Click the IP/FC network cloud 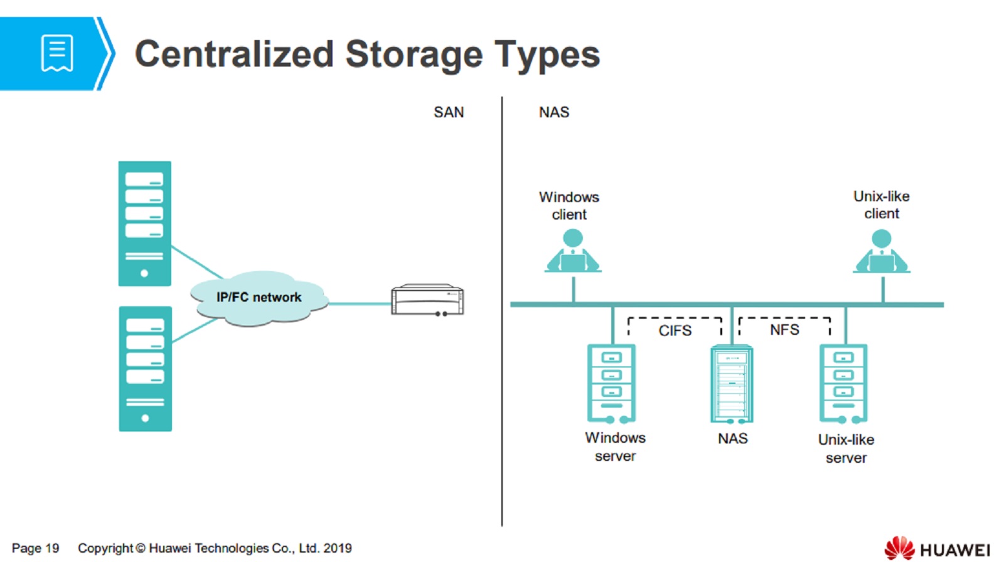(259, 298)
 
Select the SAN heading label (449, 112)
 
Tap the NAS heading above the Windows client (553, 112)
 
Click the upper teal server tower (144, 223)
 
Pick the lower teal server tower (145, 368)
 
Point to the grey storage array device (427, 300)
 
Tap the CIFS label (675, 331)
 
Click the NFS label (784, 330)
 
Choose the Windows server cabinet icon (611, 383)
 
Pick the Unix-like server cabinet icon (843, 383)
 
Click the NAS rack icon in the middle (732, 384)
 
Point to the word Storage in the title (414, 54)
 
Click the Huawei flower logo (899, 548)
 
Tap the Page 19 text (35, 548)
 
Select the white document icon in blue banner (57, 53)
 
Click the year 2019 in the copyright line (338, 548)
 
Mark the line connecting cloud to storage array (359, 304)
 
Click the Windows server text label (615, 447)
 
